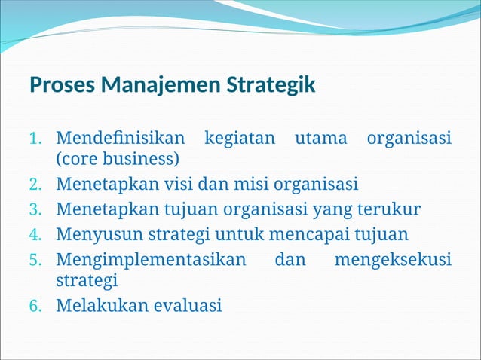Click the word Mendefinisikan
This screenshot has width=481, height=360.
pyautogui.click(x=120, y=139)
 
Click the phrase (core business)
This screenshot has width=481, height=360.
pyautogui.click(x=118, y=160)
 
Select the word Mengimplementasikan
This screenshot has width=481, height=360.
pyautogui.click(x=151, y=260)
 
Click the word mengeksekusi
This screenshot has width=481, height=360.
pyautogui.click(x=392, y=260)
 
